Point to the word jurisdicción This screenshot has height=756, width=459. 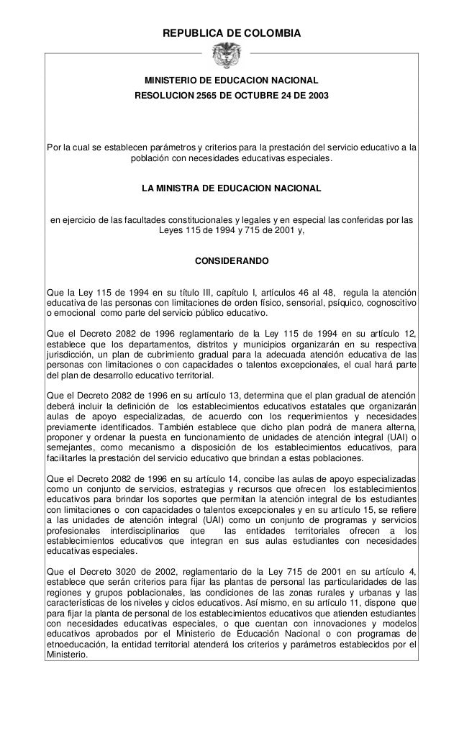73,355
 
